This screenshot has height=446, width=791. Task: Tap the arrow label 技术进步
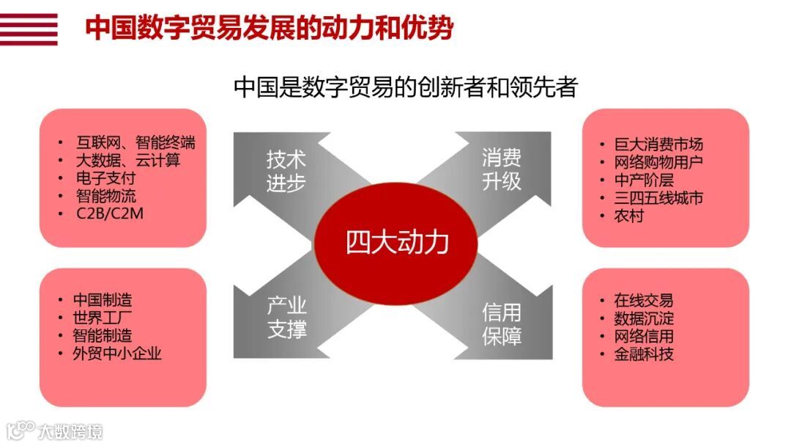pos(286,171)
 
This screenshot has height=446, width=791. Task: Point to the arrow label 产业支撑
pos(286,318)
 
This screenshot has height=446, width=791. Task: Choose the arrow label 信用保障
pos(502,323)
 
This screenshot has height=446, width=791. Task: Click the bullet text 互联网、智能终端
pos(135,142)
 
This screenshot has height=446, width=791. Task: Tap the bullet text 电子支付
pos(106,178)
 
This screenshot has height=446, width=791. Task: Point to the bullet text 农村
pos(628,216)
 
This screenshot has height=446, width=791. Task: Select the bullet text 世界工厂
pos(103,318)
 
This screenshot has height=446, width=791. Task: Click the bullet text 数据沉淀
pos(644,318)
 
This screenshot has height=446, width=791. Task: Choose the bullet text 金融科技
pos(644,354)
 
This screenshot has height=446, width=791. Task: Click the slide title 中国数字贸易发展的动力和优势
pos(270,29)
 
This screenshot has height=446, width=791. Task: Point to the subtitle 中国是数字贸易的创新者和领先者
pos(406,87)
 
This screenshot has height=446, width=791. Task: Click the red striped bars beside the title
pos(29,29)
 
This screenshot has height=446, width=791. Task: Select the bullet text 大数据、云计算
pos(128,160)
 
